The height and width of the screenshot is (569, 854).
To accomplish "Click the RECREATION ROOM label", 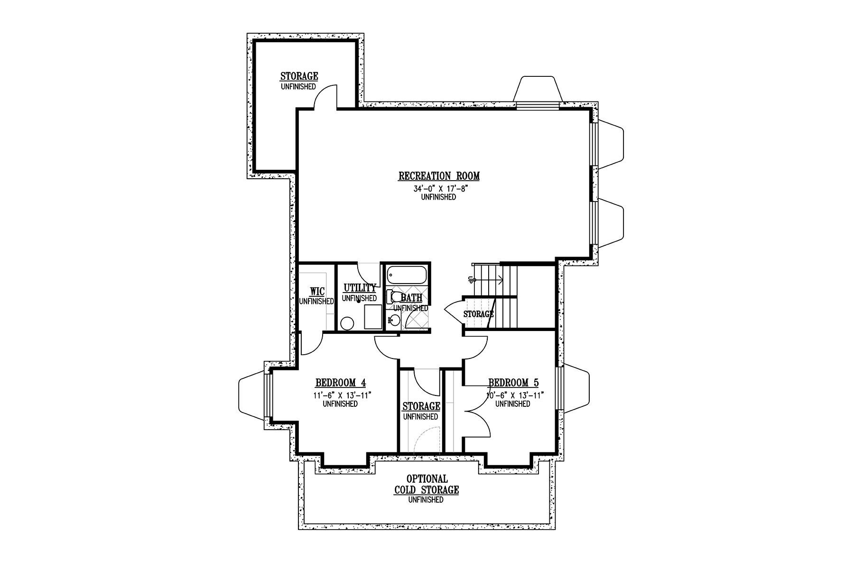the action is pyautogui.click(x=439, y=176).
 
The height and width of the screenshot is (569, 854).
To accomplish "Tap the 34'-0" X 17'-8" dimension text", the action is pyautogui.click(x=438, y=189).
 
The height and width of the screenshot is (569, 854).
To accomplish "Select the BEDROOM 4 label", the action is pyautogui.click(x=340, y=383).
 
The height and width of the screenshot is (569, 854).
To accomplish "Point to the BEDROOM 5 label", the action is pyautogui.click(x=513, y=383).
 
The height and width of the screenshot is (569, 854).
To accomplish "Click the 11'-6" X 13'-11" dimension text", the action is pyautogui.click(x=340, y=395).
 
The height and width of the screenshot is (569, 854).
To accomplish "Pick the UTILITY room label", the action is pyautogui.click(x=360, y=288).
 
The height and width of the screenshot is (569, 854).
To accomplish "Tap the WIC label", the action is pyautogui.click(x=316, y=291).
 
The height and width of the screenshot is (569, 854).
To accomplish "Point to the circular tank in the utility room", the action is pyautogui.click(x=347, y=323).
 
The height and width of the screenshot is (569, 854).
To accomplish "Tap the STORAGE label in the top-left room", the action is pyautogui.click(x=299, y=76).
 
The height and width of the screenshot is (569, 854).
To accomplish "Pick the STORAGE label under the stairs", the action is pyautogui.click(x=478, y=314).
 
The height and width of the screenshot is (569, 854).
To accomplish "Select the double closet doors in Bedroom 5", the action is pyautogui.click(x=478, y=416).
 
